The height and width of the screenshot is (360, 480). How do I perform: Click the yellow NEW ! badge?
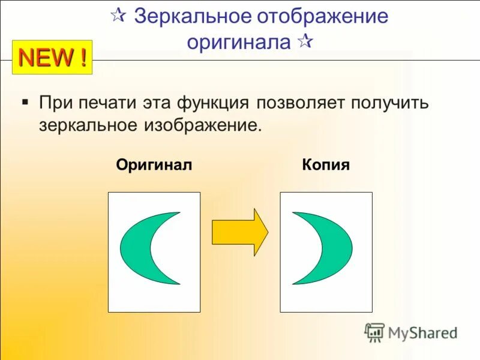(52, 58)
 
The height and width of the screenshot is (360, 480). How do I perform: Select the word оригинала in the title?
(239, 42)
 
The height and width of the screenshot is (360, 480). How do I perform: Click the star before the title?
(118, 16)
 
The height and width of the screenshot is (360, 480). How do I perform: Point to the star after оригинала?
(305, 42)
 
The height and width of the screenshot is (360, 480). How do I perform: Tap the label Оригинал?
(154, 165)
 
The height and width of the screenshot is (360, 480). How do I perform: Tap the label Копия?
(326, 165)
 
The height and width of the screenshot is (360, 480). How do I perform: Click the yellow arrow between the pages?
(239, 232)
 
